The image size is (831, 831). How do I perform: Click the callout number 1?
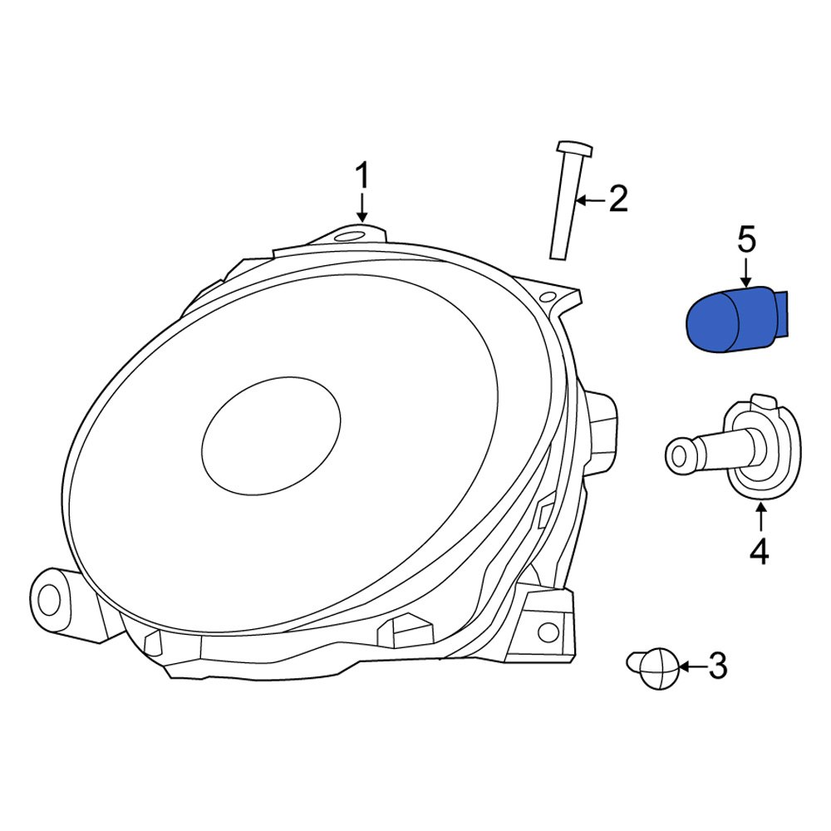[361, 176]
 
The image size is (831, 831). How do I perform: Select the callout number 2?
[617, 200]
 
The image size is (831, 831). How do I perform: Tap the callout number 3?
[715, 665]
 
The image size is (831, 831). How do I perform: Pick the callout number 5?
[746, 240]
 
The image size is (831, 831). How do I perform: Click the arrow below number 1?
[361, 207]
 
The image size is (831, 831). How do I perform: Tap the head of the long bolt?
[573, 149]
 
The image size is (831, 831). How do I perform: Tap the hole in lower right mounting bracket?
[548, 632]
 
